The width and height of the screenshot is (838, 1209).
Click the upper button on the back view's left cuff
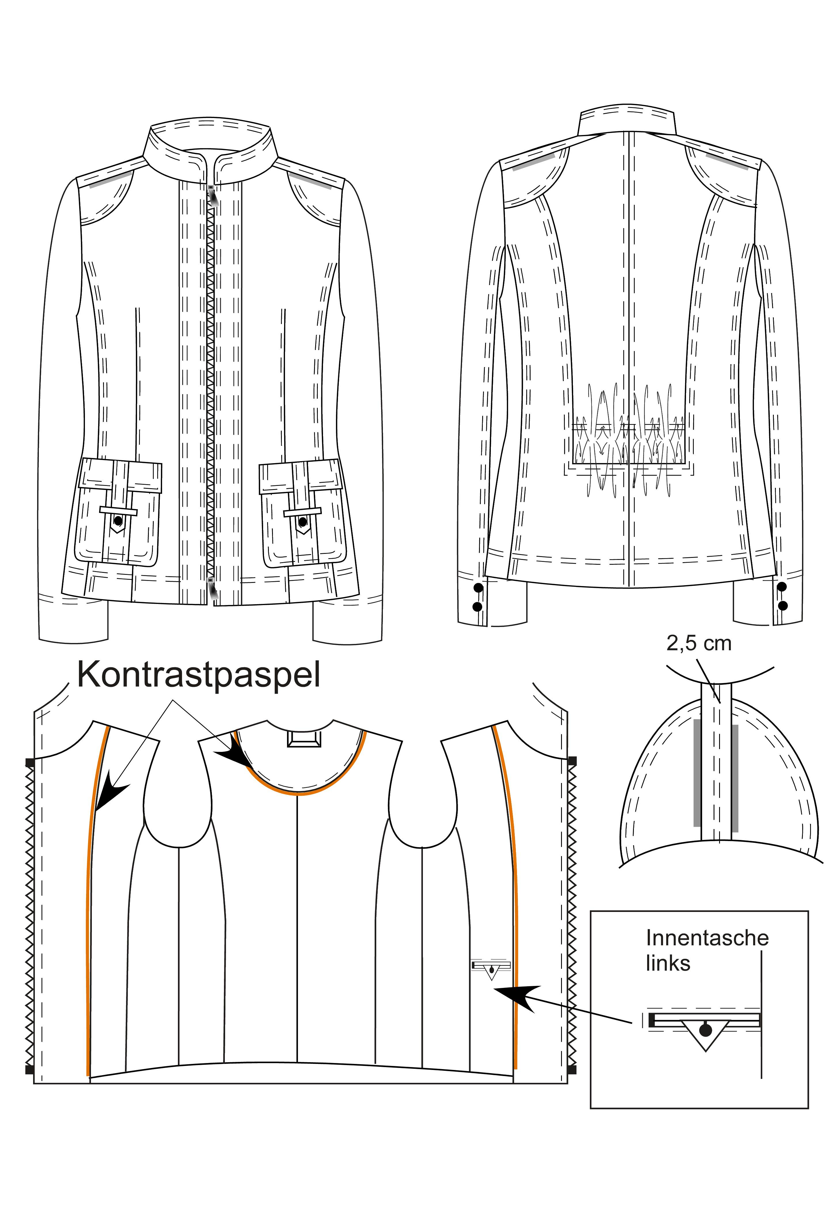point(478,588)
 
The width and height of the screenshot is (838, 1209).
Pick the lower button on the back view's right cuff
point(783,606)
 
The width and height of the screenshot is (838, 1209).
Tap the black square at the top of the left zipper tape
point(30,761)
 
